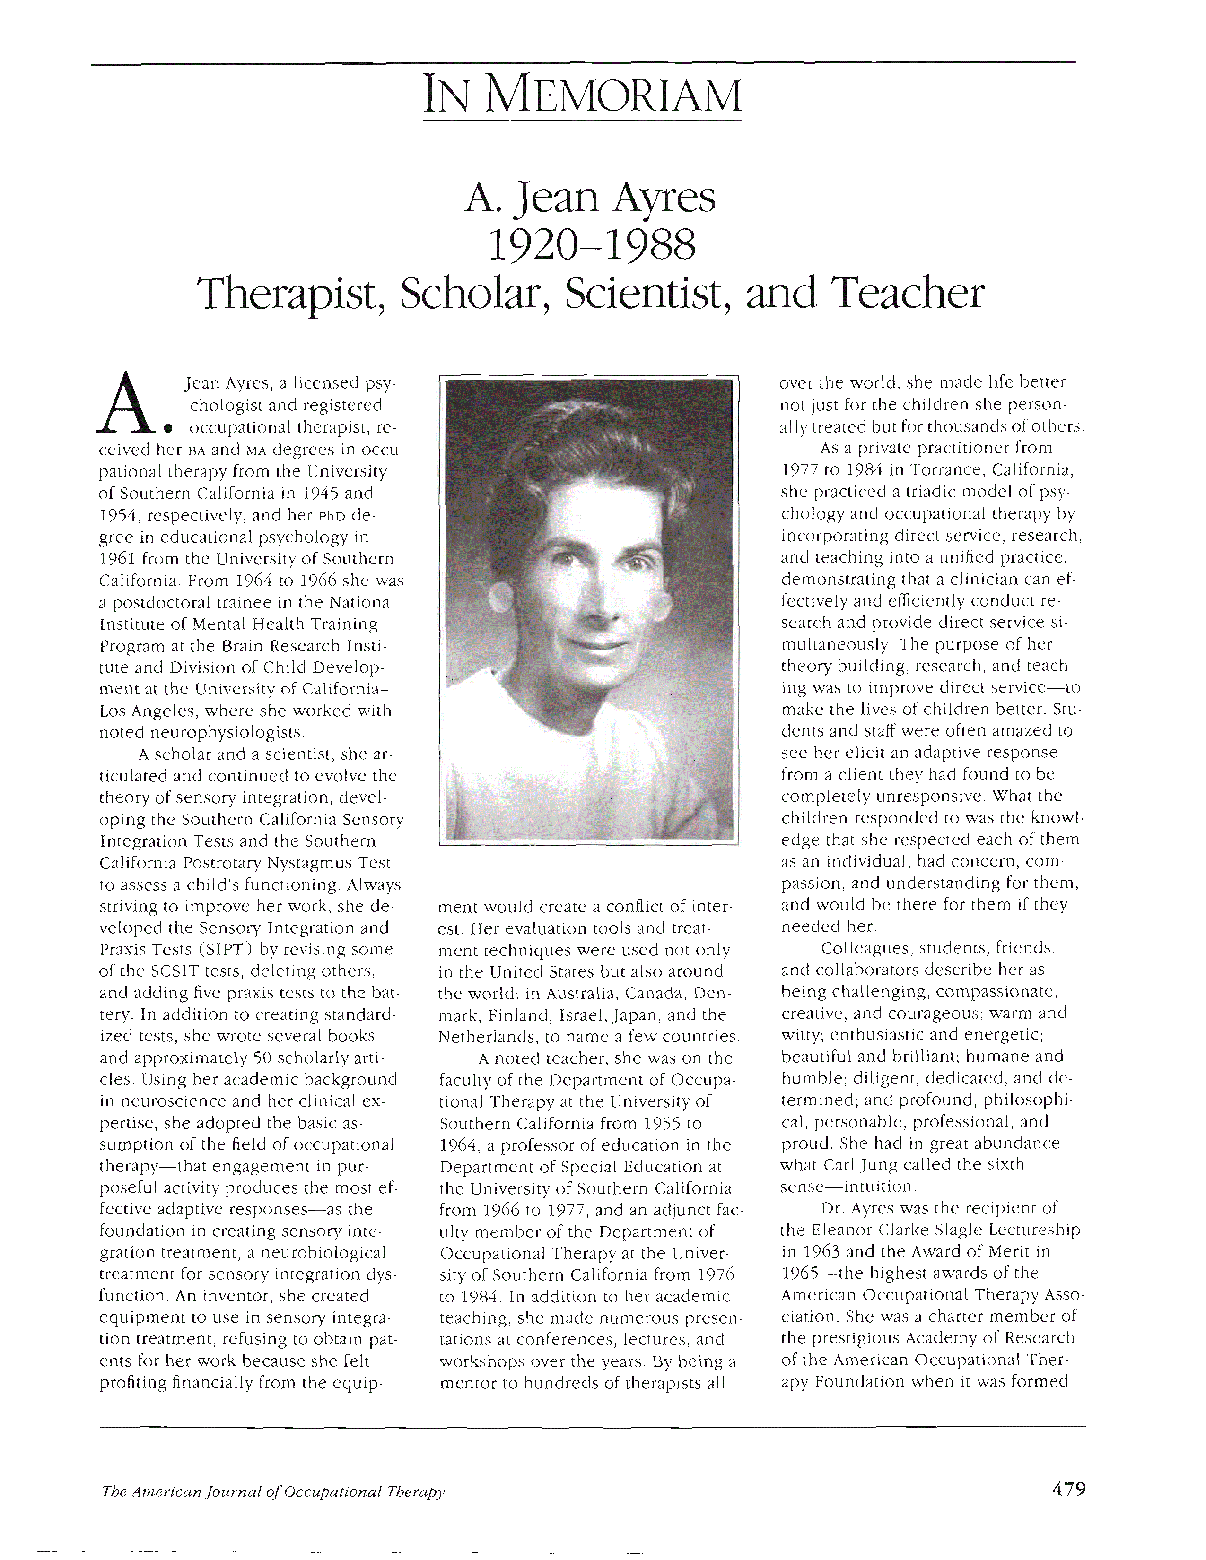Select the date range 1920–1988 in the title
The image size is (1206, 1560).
point(589,245)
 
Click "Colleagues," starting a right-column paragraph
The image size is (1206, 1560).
point(865,949)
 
